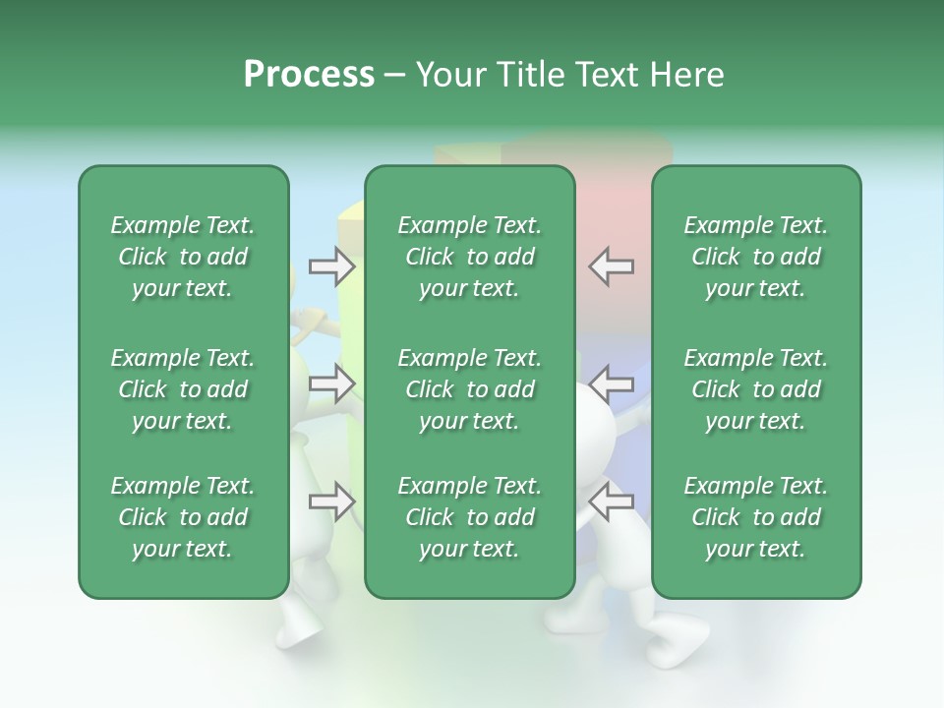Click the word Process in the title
(309, 75)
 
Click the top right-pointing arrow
(331, 265)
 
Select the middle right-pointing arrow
(331, 383)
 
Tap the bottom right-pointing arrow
(331, 502)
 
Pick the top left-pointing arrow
(611, 265)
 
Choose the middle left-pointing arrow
(611, 383)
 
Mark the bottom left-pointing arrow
(611, 502)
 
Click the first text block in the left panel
(183, 257)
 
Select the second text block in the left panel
(183, 389)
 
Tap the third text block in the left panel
(183, 517)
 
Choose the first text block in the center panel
(469, 257)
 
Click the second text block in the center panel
(469, 389)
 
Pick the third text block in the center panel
(469, 517)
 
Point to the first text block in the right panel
(755, 257)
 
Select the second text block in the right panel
(755, 389)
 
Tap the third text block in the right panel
(755, 517)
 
